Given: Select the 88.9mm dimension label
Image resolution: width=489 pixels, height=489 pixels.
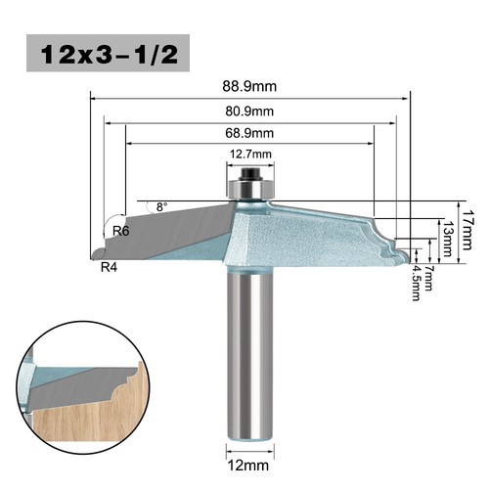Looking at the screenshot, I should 248,85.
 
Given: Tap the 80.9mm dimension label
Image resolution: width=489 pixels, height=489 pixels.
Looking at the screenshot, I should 249,111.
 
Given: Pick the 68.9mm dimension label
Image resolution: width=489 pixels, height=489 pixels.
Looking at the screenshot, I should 249,133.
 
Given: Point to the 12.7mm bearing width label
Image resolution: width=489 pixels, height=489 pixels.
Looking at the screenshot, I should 249,154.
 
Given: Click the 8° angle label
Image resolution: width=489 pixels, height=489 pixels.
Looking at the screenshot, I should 161,206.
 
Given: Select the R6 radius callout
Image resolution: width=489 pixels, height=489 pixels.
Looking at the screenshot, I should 122,231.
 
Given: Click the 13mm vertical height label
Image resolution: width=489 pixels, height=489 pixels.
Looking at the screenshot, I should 448,234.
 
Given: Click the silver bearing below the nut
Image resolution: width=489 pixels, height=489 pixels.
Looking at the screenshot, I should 249,187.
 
